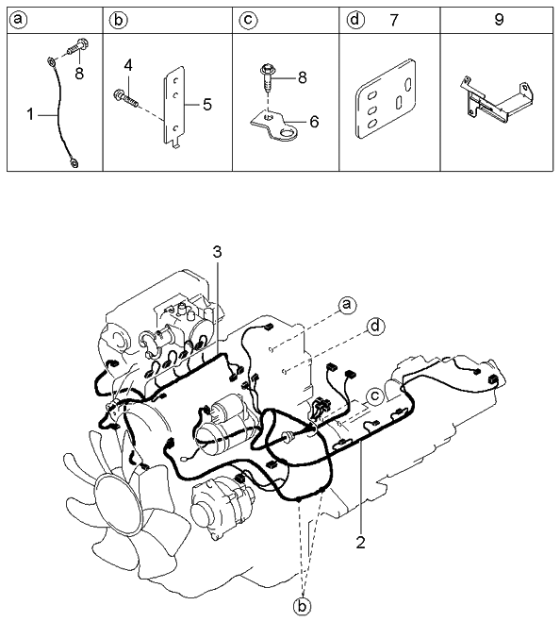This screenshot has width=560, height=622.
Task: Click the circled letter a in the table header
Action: point(19,20)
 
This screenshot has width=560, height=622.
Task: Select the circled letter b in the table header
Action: point(119,20)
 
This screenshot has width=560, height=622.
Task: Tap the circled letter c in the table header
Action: point(249,20)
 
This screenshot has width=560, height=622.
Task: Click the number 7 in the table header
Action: point(393,20)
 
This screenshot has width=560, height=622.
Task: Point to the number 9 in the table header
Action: point(499,20)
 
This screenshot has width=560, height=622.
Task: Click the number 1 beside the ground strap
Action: point(30,114)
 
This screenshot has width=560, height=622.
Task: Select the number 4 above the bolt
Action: point(127,66)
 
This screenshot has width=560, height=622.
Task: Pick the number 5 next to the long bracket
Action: point(207,105)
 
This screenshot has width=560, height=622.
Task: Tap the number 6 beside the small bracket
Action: point(314,122)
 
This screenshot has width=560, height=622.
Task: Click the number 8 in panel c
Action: point(303,77)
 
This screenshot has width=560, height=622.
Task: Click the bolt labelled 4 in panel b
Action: point(125,98)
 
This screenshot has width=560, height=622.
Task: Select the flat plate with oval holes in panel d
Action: point(386,99)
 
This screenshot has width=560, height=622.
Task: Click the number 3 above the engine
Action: point(217,252)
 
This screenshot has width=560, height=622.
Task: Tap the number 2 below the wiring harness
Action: point(360,543)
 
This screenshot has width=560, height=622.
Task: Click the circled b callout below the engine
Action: point(302,606)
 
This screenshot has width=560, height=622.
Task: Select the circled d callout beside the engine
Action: point(375,327)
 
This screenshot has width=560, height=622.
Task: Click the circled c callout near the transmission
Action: point(375,395)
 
